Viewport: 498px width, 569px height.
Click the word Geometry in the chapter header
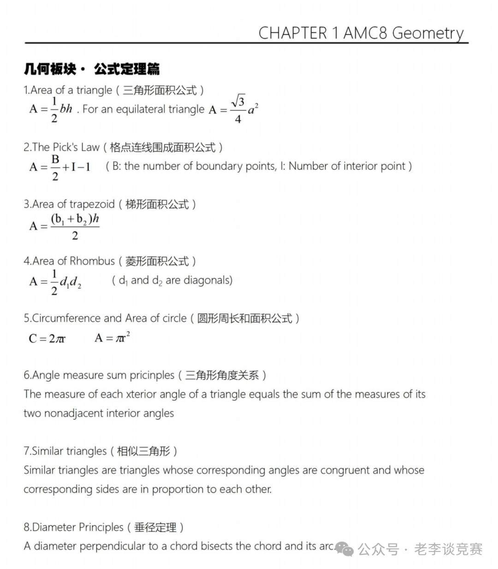click(x=427, y=33)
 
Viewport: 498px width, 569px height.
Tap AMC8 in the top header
click(x=366, y=33)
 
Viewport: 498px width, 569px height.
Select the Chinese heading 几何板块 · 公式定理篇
click(x=92, y=69)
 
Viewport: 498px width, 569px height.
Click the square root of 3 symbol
click(x=238, y=101)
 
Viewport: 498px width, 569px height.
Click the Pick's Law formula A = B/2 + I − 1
click(x=60, y=167)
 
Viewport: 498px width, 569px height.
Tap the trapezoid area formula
click(x=65, y=226)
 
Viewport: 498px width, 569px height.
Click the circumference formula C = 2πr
click(x=47, y=339)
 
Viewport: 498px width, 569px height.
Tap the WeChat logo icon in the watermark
click(x=344, y=549)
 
